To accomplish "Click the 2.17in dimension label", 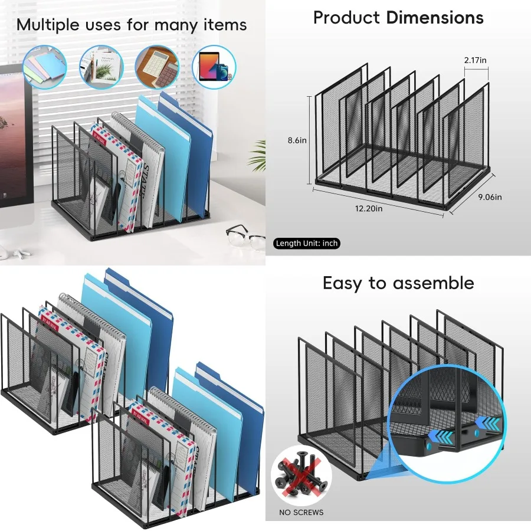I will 476,61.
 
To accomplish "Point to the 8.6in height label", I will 297,140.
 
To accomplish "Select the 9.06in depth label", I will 490,197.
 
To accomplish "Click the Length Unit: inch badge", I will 307,243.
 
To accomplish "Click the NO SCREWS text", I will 301,512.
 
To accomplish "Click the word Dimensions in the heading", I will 435,18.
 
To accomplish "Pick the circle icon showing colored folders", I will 45,67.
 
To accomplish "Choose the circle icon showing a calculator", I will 157,67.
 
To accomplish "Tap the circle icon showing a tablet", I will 214,67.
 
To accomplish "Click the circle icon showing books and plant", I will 101,67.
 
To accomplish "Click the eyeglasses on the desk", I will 245,236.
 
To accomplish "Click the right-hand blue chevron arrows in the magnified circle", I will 489,422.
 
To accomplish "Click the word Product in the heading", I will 347,18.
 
